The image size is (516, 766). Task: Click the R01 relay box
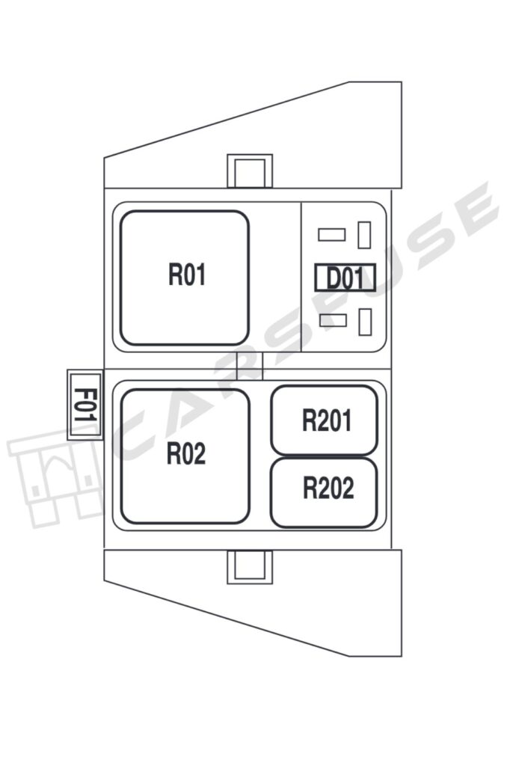[x=185, y=278]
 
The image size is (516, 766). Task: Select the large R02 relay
[x=185, y=456]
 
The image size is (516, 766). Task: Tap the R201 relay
[x=324, y=420]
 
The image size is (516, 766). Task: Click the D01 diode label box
[x=345, y=278]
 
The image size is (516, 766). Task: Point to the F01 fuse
[x=84, y=405]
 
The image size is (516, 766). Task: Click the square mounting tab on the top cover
[x=250, y=171]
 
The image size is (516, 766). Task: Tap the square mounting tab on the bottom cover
[x=250, y=566]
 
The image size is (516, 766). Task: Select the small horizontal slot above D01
[x=331, y=235]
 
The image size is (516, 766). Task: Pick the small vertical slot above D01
[x=364, y=235]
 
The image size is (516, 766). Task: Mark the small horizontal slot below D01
[x=332, y=321]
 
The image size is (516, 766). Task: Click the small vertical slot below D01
[x=365, y=322]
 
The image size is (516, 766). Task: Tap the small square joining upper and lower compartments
[x=250, y=366]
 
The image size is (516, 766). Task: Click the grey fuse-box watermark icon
[x=56, y=479]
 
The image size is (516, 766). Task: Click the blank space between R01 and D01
[x=274, y=278]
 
